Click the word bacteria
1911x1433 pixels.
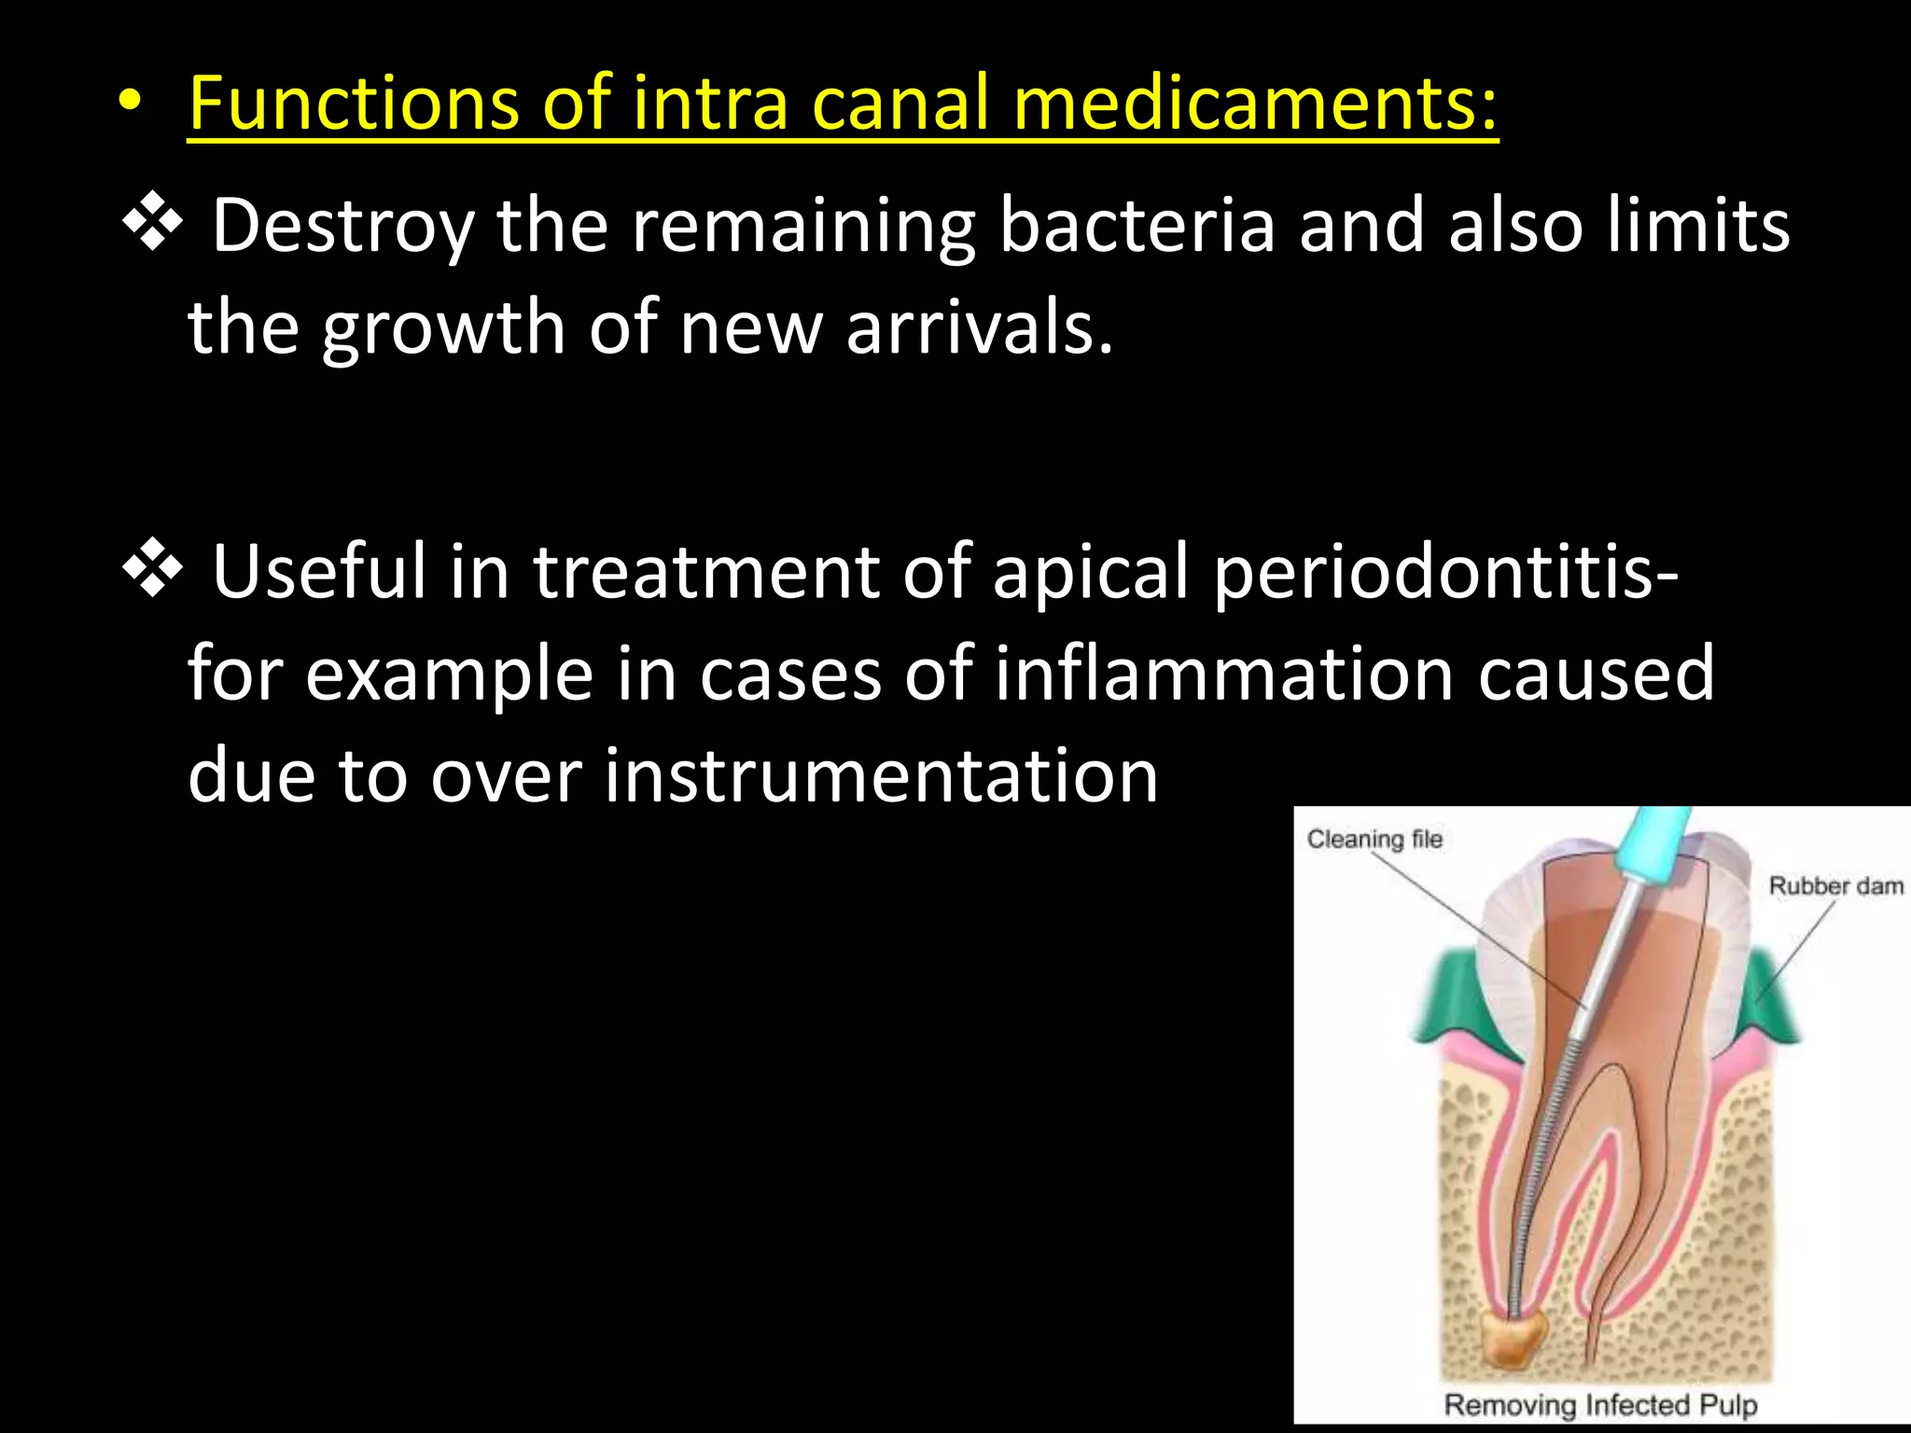pyautogui.click(x=1137, y=226)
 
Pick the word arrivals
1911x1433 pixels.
pyautogui.click(x=979, y=327)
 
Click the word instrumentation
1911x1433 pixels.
pyautogui.click(x=881, y=776)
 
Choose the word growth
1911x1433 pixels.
pyautogui.click(x=443, y=329)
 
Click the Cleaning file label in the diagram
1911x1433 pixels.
pyautogui.click(x=1374, y=840)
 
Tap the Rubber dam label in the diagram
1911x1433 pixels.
pyautogui.click(x=1835, y=886)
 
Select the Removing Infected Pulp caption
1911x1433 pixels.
pyautogui.click(x=1600, y=1404)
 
